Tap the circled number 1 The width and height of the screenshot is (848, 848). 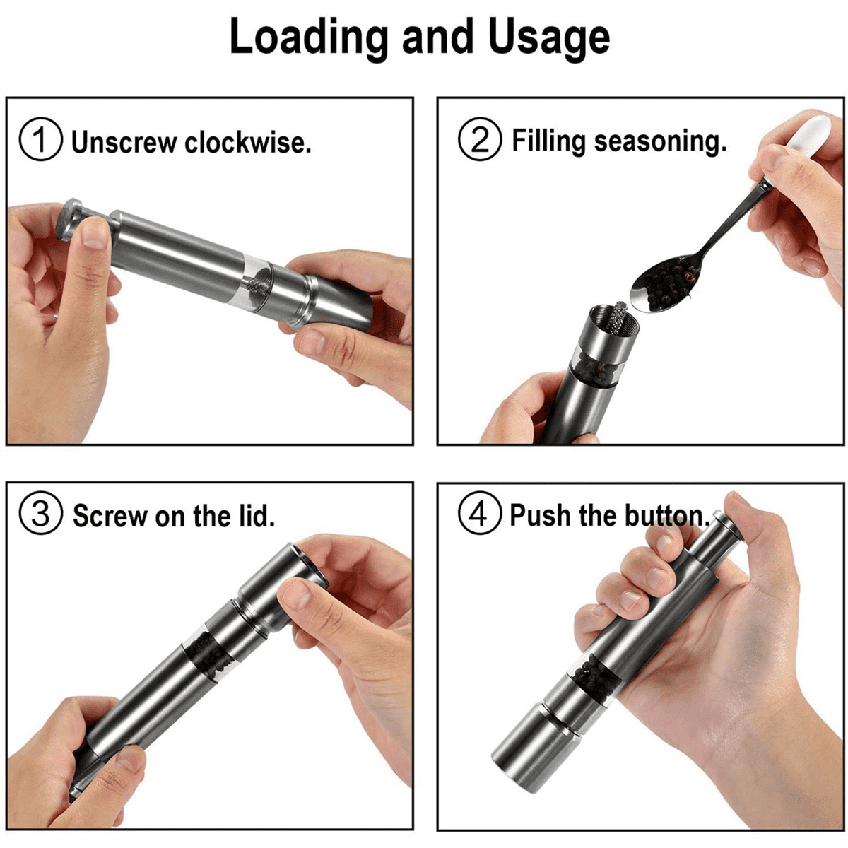coord(40,139)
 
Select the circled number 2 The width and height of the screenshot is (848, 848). coord(480,139)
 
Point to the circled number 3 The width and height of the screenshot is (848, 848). coord(40,512)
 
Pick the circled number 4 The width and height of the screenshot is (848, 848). coord(480,512)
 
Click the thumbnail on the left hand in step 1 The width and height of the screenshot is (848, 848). coord(95,235)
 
